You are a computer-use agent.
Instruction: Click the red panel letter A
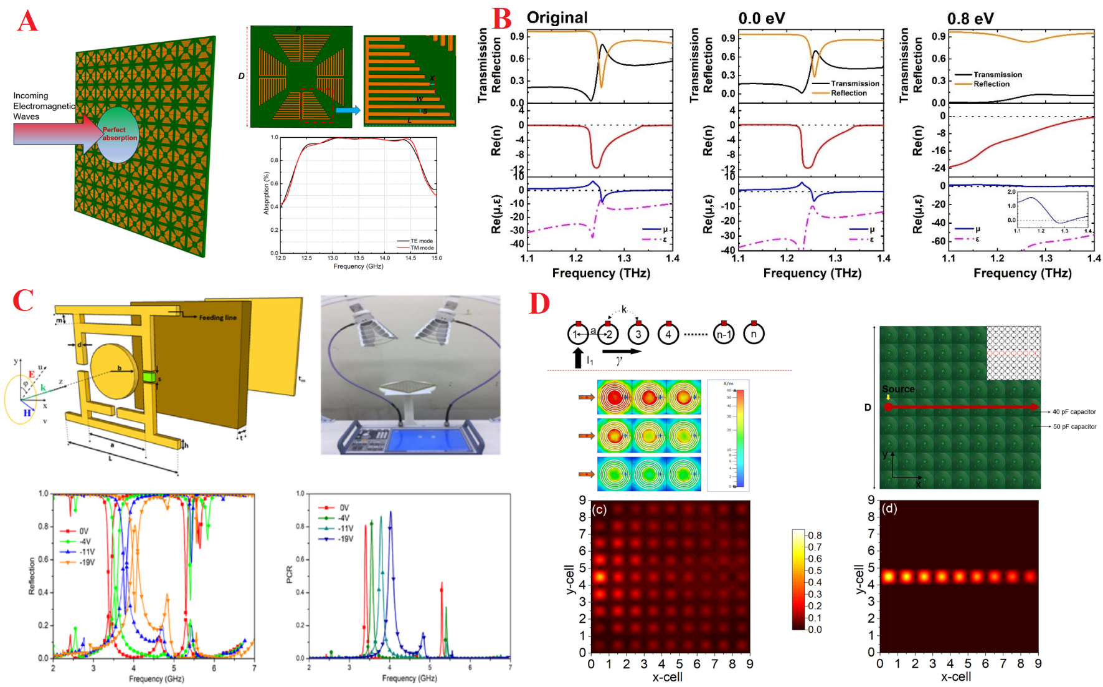27,21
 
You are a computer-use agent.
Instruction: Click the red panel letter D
539,304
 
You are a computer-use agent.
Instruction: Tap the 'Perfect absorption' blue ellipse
118,135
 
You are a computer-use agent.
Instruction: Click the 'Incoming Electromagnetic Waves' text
43,106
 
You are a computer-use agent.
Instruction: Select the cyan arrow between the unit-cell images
348,110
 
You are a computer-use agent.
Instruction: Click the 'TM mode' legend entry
422,247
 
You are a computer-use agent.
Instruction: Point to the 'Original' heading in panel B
557,17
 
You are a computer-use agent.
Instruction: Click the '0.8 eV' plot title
970,19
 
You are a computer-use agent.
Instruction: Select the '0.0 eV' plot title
761,18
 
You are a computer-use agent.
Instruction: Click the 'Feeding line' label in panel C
217,317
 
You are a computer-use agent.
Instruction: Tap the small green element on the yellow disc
149,377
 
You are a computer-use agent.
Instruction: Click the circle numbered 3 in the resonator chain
638,334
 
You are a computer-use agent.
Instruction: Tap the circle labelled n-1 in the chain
723,334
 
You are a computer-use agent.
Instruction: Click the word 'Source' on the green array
898,389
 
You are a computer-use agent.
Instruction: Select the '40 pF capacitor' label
1074,411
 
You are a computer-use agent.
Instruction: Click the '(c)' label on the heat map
599,509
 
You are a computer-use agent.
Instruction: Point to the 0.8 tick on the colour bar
815,536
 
